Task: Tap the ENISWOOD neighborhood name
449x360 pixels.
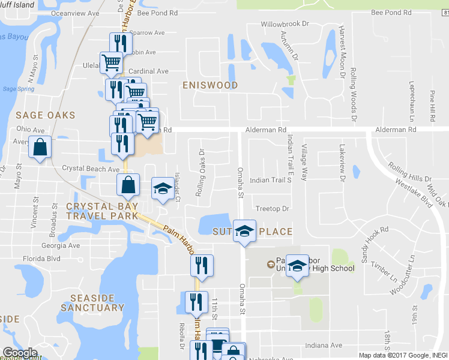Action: [210, 85]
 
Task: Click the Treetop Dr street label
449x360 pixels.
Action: [273, 209]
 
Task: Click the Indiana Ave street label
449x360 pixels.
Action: [323, 345]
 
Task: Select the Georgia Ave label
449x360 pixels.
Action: [60, 245]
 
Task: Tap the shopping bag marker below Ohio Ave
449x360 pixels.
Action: [39, 148]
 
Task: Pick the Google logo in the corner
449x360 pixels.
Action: [20, 353]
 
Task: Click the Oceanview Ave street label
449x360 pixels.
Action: [75, 12]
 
